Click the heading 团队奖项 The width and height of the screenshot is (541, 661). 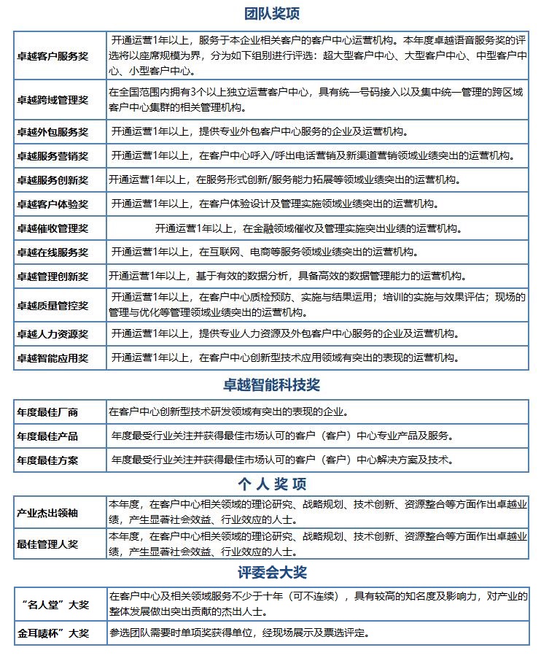click(x=271, y=14)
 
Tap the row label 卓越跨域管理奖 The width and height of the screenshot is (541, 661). click(x=52, y=100)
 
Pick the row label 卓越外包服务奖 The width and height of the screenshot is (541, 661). click(x=52, y=132)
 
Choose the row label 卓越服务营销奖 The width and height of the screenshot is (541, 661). click(x=52, y=156)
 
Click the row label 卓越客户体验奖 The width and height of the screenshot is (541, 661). click(x=52, y=204)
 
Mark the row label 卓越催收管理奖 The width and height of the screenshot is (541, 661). click(x=52, y=228)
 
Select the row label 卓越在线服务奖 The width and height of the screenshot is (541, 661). click(x=52, y=252)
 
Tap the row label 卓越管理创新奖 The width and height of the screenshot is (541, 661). click(x=52, y=277)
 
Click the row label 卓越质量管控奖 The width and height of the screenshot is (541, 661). click(x=52, y=305)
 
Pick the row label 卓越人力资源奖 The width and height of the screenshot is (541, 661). click(x=52, y=334)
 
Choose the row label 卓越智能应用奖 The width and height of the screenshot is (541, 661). click(x=52, y=358)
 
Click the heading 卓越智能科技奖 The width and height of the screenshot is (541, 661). click(x=271, y=384)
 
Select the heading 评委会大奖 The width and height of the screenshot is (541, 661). click(x=271, y=571)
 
